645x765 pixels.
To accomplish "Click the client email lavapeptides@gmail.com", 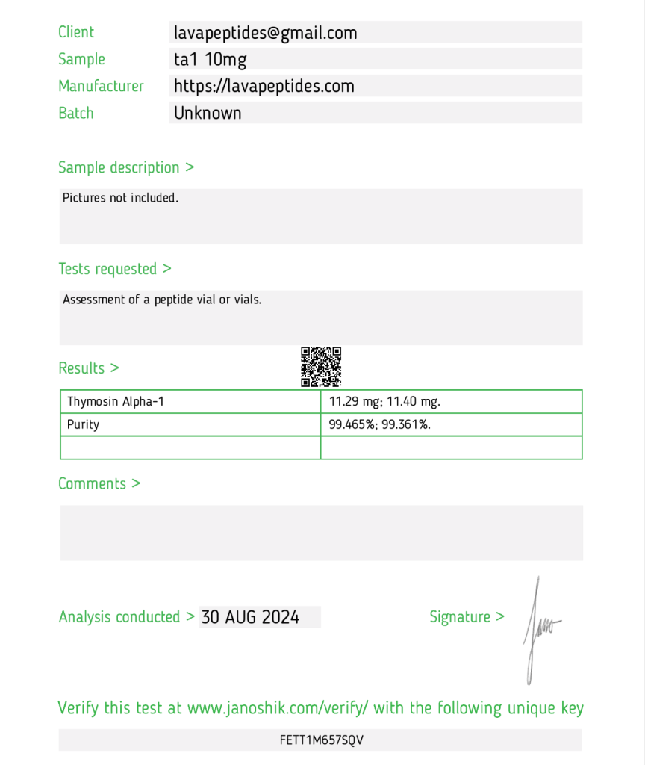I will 266,33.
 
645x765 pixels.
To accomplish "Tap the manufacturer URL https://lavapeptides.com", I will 264,86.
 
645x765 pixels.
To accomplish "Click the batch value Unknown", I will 208,113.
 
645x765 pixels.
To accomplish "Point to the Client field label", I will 76,32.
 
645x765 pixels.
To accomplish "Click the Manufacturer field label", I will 101,86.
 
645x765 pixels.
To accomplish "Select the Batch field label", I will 76,113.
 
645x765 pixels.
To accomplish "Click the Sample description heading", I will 126,167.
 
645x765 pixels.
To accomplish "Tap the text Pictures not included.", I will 120,198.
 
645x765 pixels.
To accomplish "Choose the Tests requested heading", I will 115,269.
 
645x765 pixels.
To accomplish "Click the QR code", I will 321,366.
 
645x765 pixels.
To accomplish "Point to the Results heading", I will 89,368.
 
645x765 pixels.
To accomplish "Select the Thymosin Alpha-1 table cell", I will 116,401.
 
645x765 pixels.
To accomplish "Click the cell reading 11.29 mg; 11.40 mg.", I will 384,401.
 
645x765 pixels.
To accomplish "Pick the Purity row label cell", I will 83,424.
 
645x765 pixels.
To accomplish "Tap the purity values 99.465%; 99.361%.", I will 380,424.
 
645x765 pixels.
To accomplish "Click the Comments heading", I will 99,483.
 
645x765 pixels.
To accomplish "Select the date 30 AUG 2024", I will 250,617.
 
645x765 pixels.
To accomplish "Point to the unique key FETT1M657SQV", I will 322,740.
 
